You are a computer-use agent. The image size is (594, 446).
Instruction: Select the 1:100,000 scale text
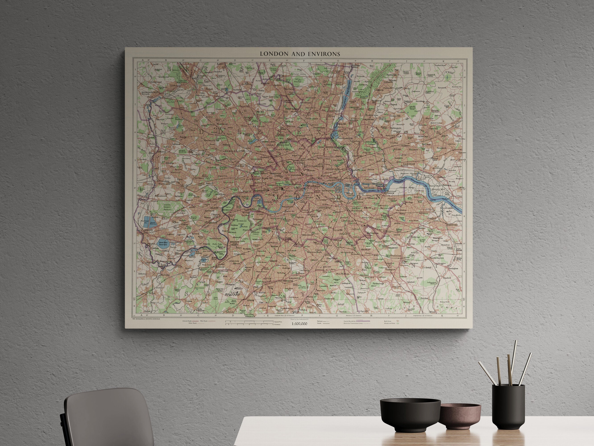tap(299, 324)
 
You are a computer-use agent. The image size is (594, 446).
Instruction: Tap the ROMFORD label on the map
tap(423, 136)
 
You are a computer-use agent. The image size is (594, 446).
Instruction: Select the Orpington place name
tap(390, 269)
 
